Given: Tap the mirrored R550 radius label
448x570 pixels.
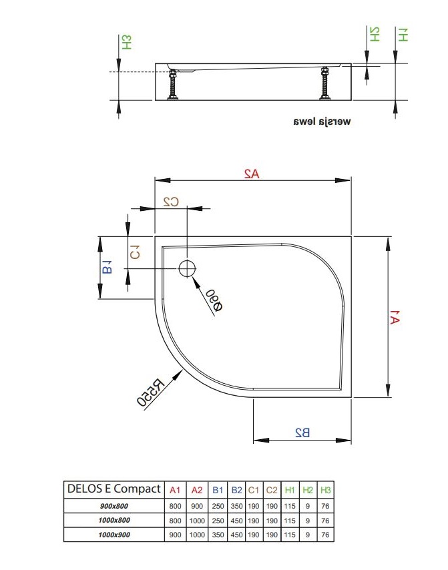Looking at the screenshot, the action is click(x=150, y=392).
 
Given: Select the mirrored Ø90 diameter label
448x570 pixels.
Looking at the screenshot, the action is click(x=214, y=300).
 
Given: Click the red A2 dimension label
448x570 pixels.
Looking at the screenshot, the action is click(x=252, y=174).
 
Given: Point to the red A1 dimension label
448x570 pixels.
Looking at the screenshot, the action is click(x=395, y=317).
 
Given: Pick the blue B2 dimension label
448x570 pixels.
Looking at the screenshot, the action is click(x=302, y=433).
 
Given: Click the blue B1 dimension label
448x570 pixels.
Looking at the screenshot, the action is click(x=107, y=267).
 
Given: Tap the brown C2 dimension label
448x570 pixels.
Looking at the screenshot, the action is click(x=171, y=202).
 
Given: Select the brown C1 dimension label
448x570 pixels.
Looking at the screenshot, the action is click(x=135, y=252).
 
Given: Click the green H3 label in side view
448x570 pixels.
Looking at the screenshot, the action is click(x=127, y=42).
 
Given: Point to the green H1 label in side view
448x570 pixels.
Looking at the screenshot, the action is click(x=403, y=35).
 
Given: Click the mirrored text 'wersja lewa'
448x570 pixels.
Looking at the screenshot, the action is click(x=322, y=121).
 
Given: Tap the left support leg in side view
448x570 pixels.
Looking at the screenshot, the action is click(x=173, y=84).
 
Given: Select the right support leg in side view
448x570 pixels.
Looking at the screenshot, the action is click(x=324, y=83).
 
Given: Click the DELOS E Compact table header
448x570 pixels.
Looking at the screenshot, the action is click(x=114, y=489).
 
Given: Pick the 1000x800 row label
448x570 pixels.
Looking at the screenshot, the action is click(x=114, y=520).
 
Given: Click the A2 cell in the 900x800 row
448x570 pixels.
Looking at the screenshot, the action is click(x=197, y=506).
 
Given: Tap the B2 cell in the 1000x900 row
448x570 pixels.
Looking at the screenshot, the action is click(x=237, y=535).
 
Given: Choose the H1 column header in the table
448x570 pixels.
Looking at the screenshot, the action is click(x=290, y=490).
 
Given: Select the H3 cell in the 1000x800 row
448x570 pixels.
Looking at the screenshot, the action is click(x=325, y=521).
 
